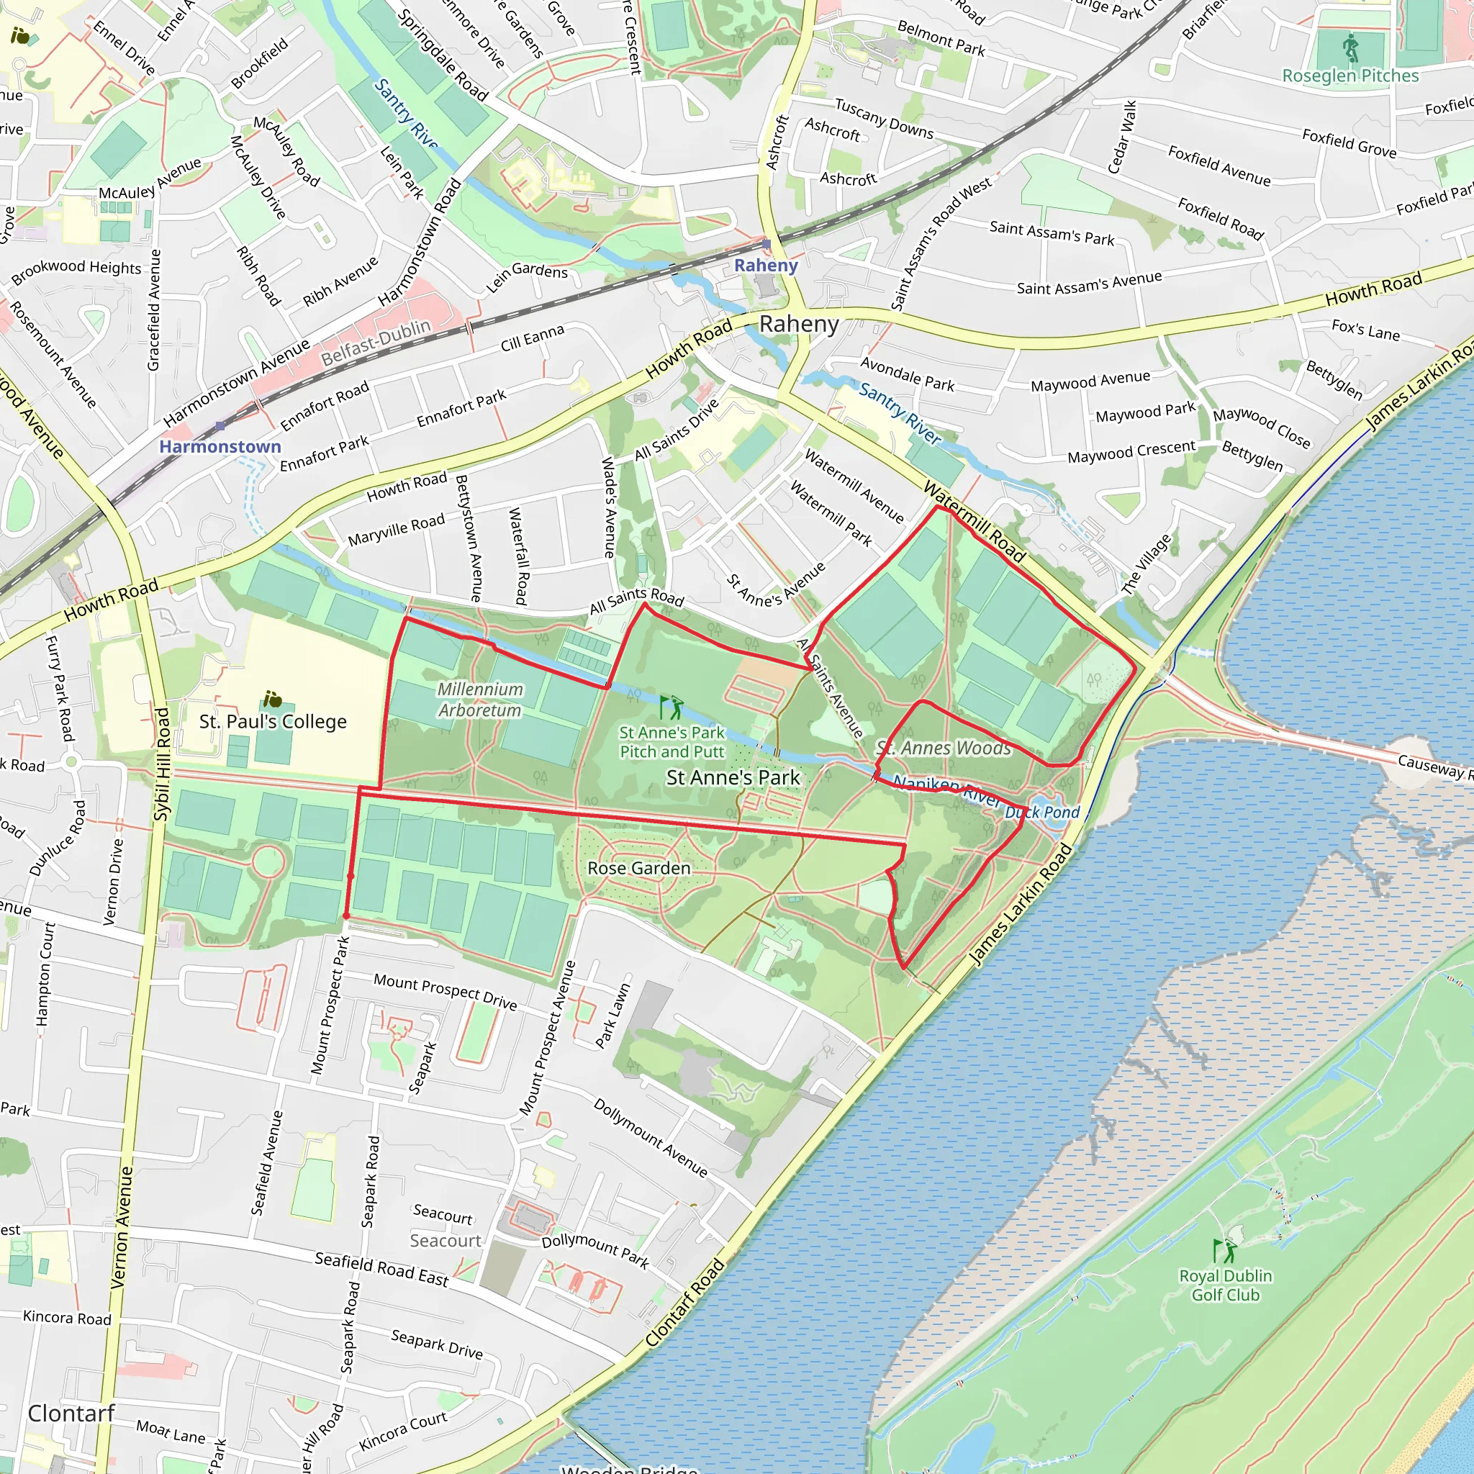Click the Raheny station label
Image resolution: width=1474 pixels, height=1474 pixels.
(765, 266)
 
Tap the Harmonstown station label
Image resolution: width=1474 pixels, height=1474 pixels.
(220, 446)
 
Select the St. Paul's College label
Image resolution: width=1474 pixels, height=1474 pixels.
(272, 721)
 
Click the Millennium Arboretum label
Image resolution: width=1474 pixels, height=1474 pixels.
(480, 699)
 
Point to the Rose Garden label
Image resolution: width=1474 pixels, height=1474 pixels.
(638, 868)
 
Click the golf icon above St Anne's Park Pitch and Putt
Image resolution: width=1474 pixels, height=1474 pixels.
(672, 707)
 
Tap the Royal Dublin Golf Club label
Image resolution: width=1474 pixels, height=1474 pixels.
(1225, 1285)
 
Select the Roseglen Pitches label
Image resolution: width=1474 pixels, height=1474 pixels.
(1350, 76)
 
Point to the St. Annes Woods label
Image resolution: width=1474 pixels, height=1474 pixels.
(944, 748)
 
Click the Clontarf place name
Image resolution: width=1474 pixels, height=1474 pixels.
(71, 1413)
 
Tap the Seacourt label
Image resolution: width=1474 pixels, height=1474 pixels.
(446, 1241)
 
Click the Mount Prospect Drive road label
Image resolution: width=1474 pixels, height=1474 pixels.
(445, 991)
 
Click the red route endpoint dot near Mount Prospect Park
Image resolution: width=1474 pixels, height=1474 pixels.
(346, 915)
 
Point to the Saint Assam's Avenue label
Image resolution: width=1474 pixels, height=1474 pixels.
(1089, 283)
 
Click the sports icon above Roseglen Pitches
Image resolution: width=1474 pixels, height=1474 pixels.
(1350, 48)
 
